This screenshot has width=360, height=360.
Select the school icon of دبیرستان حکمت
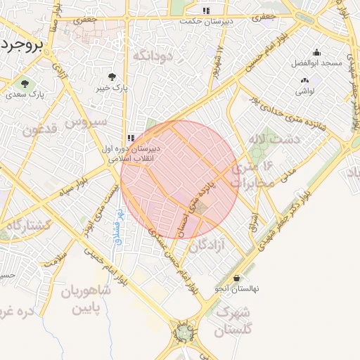206,11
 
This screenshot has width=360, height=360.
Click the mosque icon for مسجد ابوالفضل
316,52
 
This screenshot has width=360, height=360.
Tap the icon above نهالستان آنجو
236,278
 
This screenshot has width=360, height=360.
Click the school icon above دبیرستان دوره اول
131,138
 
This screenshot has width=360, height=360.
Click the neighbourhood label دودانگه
153,56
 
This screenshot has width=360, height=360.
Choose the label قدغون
38,131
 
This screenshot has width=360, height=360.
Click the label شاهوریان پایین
84,299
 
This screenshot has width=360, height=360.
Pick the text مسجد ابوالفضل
316,63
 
